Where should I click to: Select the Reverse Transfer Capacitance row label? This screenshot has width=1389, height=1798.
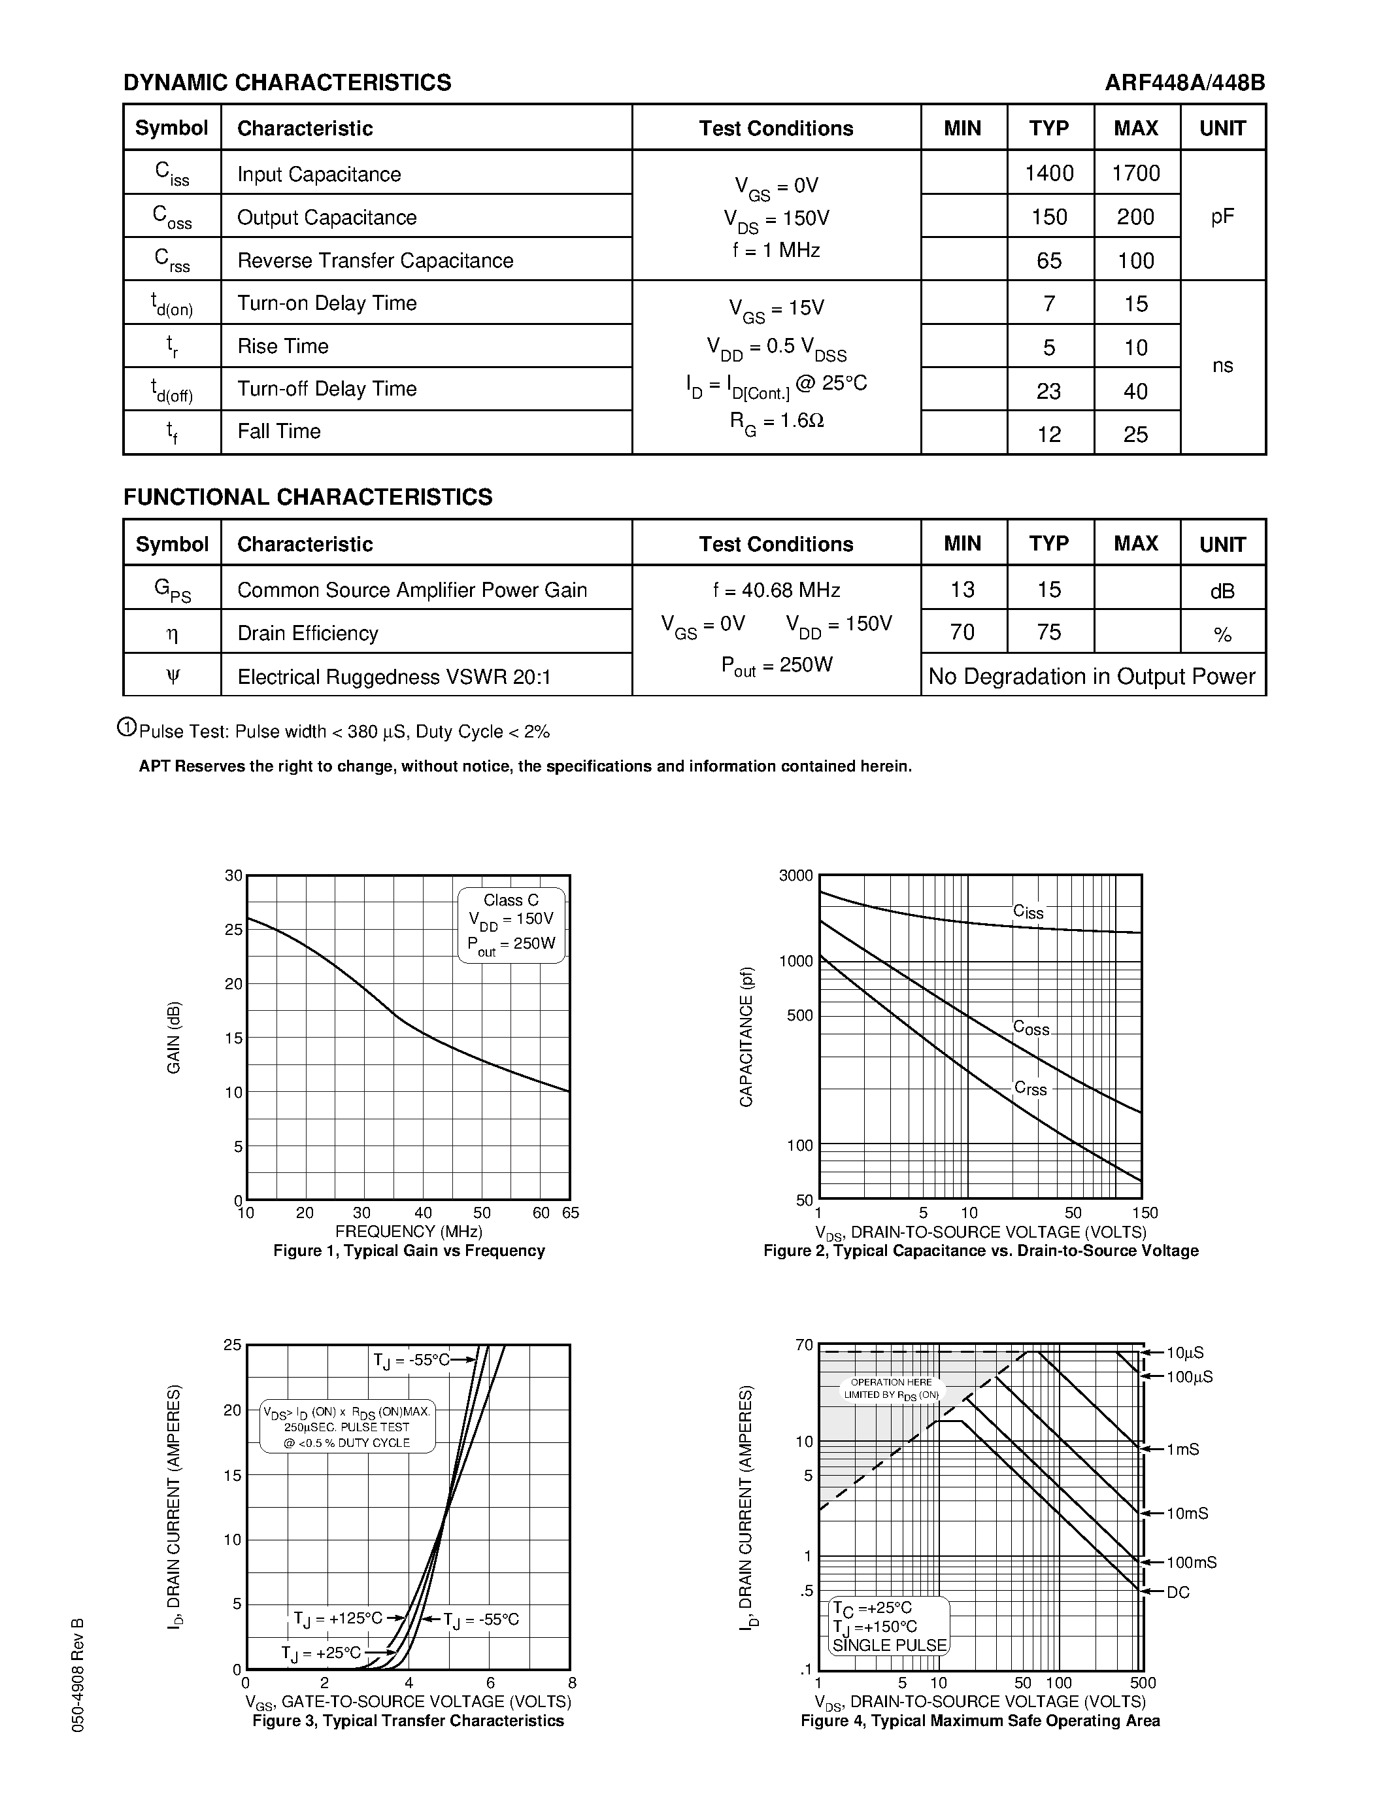(375, 260)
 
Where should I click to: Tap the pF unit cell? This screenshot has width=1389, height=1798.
(1222, 216)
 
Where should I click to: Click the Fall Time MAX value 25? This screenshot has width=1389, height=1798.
(1135, 434)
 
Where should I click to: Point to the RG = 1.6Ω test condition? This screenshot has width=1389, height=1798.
(776, 422)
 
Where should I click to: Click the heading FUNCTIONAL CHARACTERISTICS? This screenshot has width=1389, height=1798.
(308, 498)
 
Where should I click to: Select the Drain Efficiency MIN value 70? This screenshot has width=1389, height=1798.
(962, 632)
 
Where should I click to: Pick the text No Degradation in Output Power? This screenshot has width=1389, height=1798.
(1092, 677)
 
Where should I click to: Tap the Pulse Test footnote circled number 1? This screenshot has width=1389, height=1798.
(127, 727)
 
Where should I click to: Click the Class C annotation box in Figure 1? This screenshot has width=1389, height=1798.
(511, 924)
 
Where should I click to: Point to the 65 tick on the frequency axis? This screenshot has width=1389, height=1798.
(570, 1213)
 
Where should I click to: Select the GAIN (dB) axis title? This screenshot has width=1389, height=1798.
(174, 1038)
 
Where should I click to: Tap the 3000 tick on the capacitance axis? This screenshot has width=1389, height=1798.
(795, 875)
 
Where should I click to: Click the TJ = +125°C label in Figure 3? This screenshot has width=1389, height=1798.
(337, 1618)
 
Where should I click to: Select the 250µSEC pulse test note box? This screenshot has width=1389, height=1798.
(346, 1427)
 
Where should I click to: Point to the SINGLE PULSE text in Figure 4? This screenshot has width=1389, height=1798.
(890, 1646)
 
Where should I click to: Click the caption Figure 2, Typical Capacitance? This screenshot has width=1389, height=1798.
(980, 1251)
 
